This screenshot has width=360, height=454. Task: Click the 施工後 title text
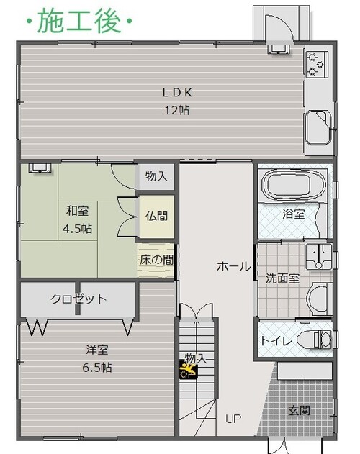tap(79, 21)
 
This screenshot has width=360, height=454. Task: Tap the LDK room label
tap(177, 93)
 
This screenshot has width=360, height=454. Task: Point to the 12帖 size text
tap(177, 110)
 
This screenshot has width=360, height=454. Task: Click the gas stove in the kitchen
tap(317, 64)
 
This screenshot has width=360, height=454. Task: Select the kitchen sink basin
tap(318, 127)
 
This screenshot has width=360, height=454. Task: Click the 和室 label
tap(77, 211)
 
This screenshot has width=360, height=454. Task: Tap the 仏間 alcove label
tap(156, 216)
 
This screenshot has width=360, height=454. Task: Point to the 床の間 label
tap(156, 260)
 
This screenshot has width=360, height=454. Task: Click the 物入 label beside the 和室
tap(156, 176)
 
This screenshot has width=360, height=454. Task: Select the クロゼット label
tap(79, 299)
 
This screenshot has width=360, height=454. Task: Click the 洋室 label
tap(96, 350)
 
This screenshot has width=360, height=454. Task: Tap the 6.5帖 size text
tap(96, 368)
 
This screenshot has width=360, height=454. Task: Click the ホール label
tap(233, 266)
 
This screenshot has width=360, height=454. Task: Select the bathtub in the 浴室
tap(293, 185)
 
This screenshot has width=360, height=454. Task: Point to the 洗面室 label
tap(282, 278)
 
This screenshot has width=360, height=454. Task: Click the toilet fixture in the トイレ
tap(314, 340)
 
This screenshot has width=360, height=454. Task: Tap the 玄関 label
tap(299, 411)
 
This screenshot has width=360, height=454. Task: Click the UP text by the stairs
tap(233, 419)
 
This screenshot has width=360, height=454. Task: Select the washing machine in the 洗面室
tap(318, 257)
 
